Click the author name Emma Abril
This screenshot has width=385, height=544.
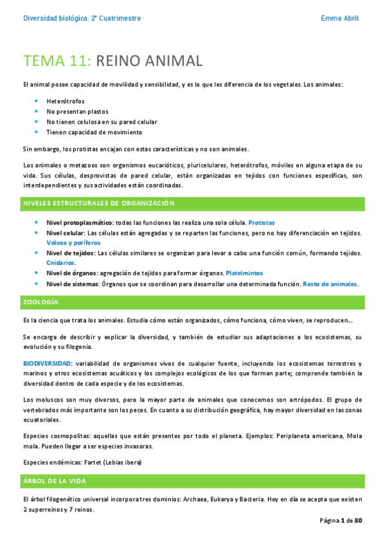(339, 18)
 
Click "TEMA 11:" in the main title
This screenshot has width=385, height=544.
(58, 61)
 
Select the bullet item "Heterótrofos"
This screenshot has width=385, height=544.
(66, 101)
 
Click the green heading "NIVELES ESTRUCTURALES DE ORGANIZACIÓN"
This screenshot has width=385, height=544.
(99, 203)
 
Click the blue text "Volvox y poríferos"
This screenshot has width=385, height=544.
(73, 243)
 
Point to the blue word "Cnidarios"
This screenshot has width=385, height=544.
(60, 263)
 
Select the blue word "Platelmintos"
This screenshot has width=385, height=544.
(244, 273)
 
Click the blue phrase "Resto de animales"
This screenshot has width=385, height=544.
(330, 284)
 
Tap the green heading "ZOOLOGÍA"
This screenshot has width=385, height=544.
(41, 302)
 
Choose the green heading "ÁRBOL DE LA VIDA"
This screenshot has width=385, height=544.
(58, 480)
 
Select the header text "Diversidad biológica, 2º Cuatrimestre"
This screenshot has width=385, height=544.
(82, 18)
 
